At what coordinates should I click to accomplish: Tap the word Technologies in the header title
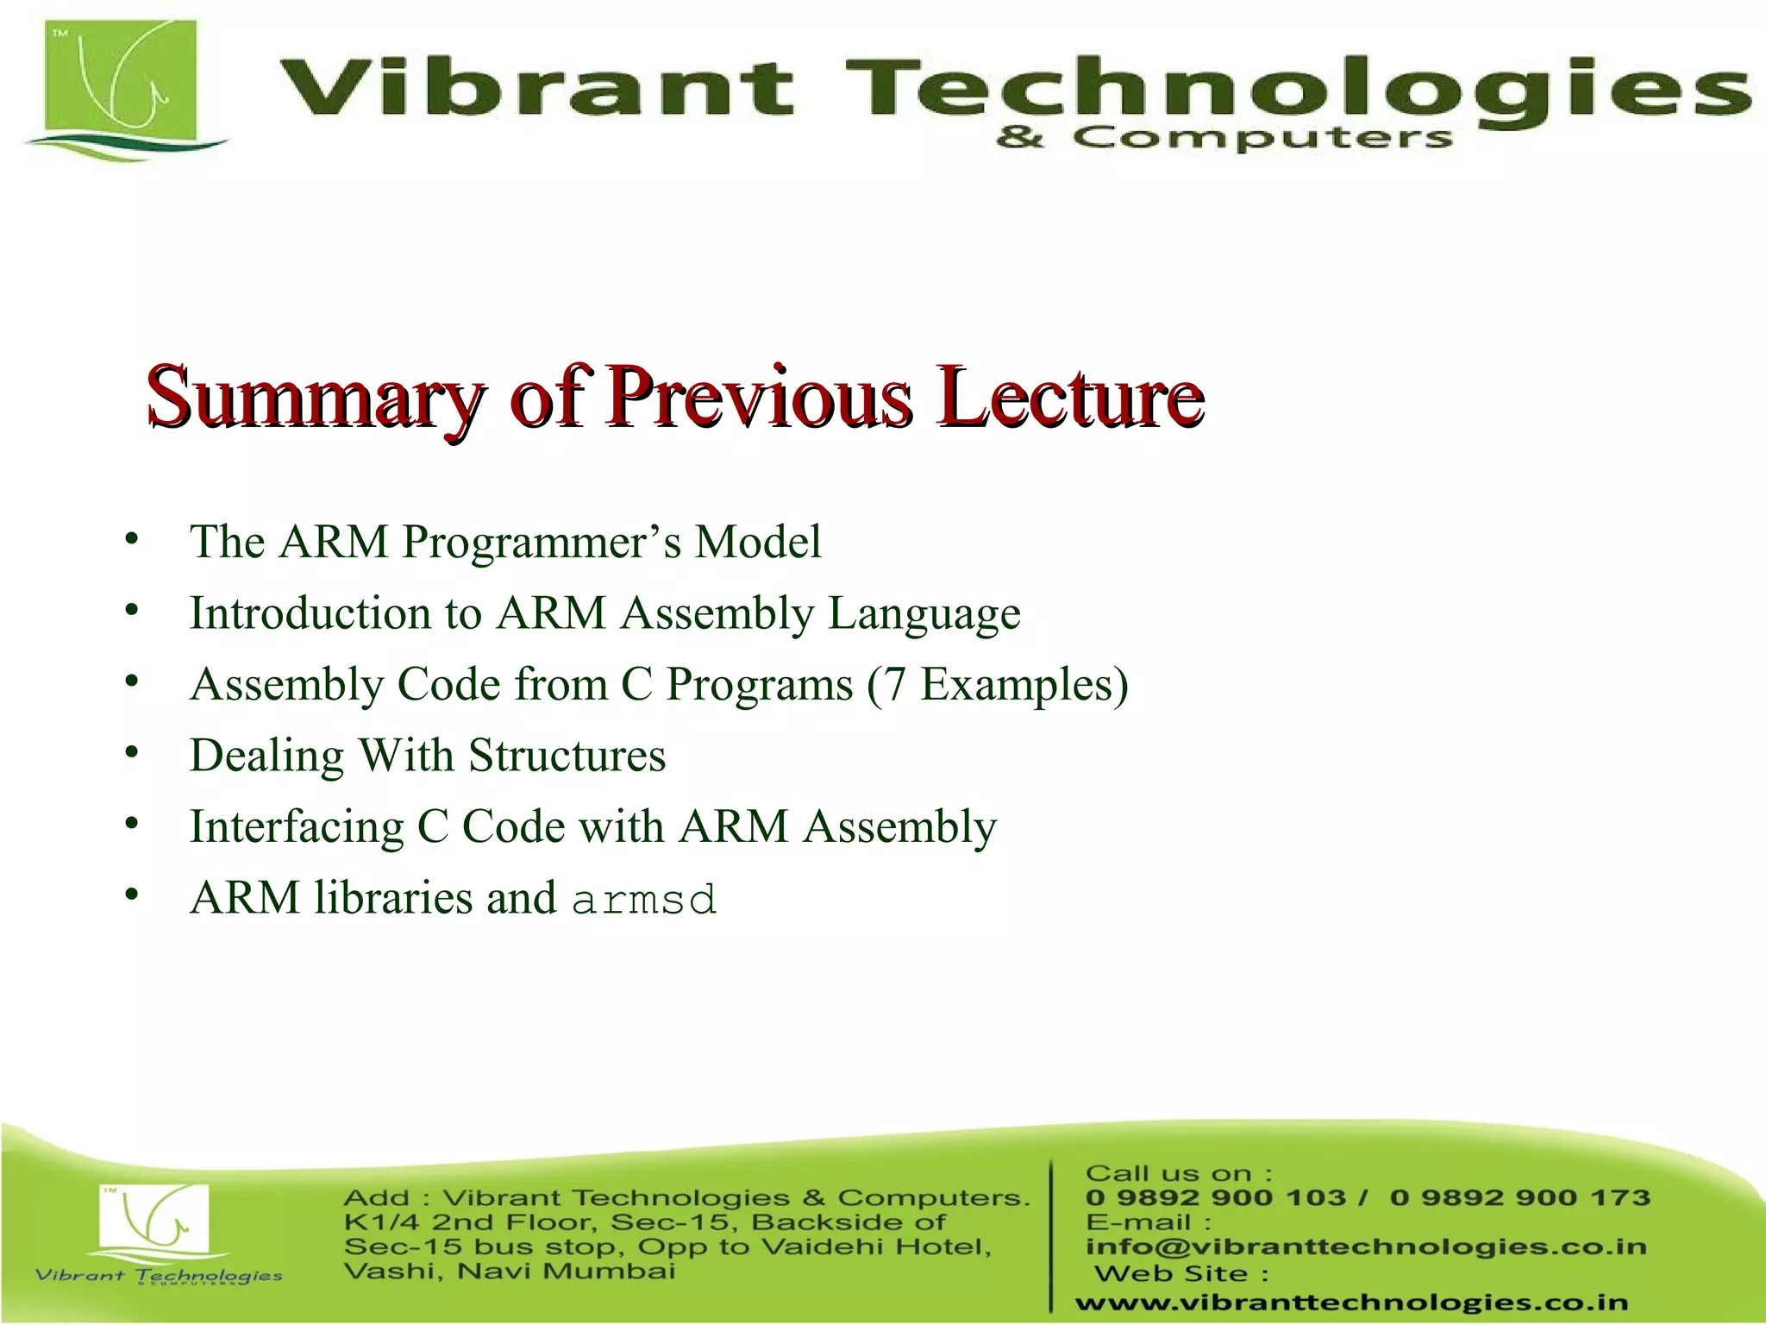[x=1293, y=88]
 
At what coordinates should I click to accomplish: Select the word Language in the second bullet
[x=924, y=614]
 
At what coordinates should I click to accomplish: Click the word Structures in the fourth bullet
[x=567, y=756]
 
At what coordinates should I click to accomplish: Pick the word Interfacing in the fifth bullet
[x=296, y=827]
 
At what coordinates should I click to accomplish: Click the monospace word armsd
[x=643, y=900]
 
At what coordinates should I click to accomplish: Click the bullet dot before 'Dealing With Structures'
[x=131, y=753]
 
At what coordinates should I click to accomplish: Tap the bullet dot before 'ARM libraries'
[x=131, y=895]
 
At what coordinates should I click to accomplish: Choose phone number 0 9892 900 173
[x=1520, y=1197]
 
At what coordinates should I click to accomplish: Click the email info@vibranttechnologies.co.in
[x=1366, y=1247]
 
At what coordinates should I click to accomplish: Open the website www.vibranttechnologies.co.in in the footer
[x=1351, y=1302]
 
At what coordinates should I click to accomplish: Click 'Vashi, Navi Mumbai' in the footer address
[x=509, y=1271]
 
